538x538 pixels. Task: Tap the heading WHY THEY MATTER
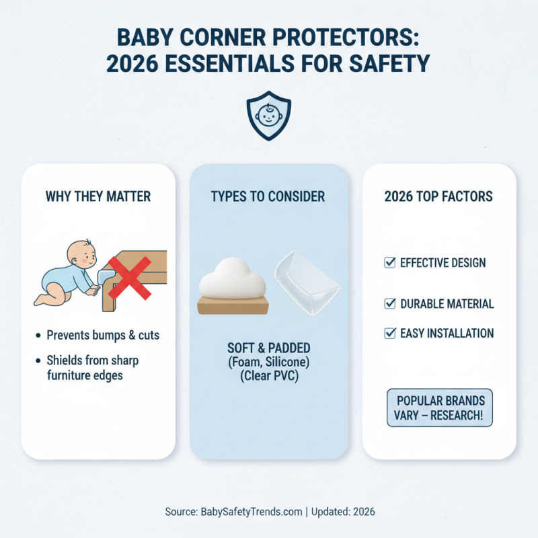98,197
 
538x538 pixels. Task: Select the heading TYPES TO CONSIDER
268,197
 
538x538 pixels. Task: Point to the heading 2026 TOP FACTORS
438,197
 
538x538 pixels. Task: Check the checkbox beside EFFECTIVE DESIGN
389,262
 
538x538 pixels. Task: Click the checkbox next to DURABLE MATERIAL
389,303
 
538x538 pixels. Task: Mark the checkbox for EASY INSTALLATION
389,333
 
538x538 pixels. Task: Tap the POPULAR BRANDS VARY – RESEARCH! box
440,408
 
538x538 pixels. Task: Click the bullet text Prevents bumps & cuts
103,335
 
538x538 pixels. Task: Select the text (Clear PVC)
268,377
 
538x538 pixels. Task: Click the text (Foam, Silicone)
268,364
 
